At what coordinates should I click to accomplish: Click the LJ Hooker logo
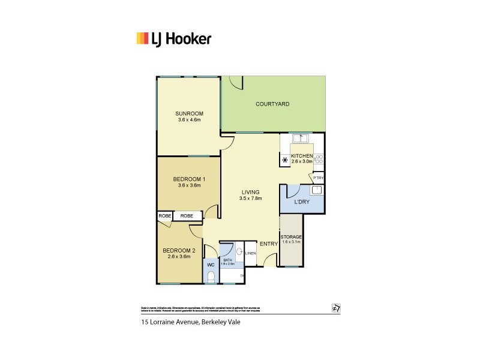pos(173,40)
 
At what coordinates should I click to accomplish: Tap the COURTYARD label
pos(272,104)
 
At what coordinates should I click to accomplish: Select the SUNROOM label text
pos(190,113)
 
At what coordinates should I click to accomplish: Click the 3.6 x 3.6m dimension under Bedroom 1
pos(190,185)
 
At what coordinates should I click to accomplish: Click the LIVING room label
pos(251,192)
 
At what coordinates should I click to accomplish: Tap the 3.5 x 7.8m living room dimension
pos(251,199)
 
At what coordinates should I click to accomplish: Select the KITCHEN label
pos(302,155)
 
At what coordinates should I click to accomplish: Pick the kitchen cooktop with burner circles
pos(319,159)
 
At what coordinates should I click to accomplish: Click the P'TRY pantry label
pos(317,178)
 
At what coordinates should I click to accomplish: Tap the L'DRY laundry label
pos(301,202)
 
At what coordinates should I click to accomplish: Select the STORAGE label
pos(292,236)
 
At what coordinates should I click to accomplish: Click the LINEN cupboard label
pos(250,254)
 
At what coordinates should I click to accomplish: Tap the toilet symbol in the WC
pos(211,276)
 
